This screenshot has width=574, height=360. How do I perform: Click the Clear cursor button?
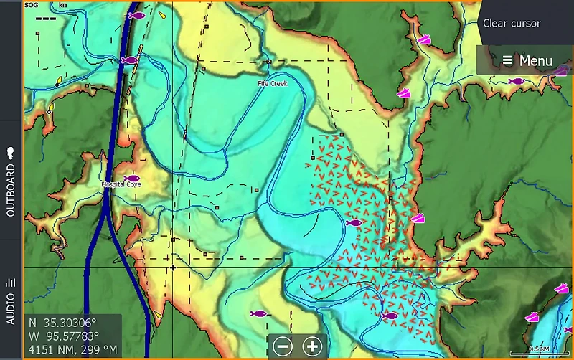[x=512, y=23]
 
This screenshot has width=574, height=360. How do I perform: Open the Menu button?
[x=527, y=60]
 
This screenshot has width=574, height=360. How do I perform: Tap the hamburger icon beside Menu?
[x=507, y=60]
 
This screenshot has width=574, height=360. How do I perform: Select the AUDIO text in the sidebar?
[x=11, y=308]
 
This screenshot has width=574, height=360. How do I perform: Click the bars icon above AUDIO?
[x=11, y=283]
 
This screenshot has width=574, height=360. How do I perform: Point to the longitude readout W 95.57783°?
[x=63, y=336]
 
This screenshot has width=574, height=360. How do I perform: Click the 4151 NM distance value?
[x=44, y=350]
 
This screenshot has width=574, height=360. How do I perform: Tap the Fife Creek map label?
[x=273, y=84]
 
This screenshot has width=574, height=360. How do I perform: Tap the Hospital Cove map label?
[x=121, y=184]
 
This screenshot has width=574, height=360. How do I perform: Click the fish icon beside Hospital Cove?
[x=131, y=178]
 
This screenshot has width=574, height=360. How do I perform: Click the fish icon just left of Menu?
[x=516, y=81]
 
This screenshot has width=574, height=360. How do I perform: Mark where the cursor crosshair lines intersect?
[x=173, y=267]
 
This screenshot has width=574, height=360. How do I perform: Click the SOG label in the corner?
[x=31, y=5]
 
